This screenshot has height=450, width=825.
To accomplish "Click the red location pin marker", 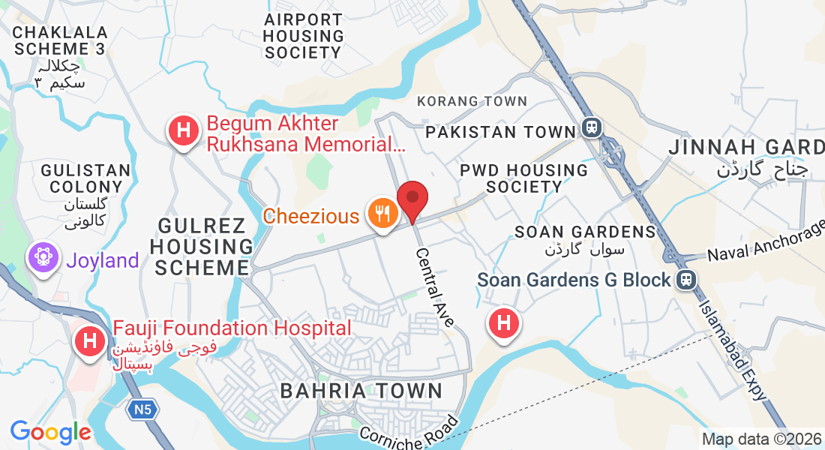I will tap(412, 199).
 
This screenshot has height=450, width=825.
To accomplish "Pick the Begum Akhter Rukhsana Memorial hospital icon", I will tap(183, 131).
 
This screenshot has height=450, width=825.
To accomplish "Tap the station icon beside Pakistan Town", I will tap(592, 128).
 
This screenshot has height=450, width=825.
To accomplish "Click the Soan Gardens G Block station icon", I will tap(685, 280).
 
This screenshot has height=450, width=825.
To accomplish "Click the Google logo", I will tap(50, 432).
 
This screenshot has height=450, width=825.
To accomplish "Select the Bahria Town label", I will tap(361, 391).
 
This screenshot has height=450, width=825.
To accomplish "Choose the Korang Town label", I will tap(472, 101).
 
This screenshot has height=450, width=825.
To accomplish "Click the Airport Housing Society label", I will tap(304, 36).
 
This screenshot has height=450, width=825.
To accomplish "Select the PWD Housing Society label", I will tap(523, 178).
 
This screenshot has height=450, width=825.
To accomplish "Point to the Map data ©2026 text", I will tap(761, 439).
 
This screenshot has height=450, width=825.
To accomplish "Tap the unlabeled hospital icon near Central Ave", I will tap(504, 324).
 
